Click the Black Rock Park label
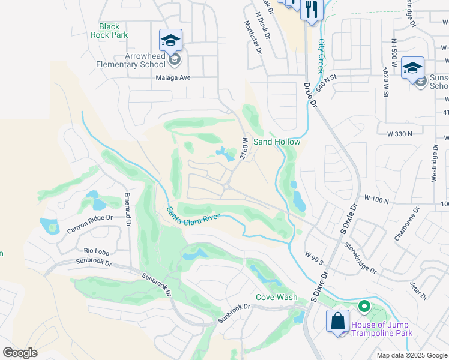point(109,31)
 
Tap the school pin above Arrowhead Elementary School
point(170,41)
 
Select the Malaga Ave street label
point(173,77)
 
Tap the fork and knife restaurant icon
point(311,9)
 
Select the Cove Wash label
point(276,297)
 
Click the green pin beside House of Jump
point(363,307)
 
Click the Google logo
point(20,353)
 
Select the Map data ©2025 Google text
point(411,355)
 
